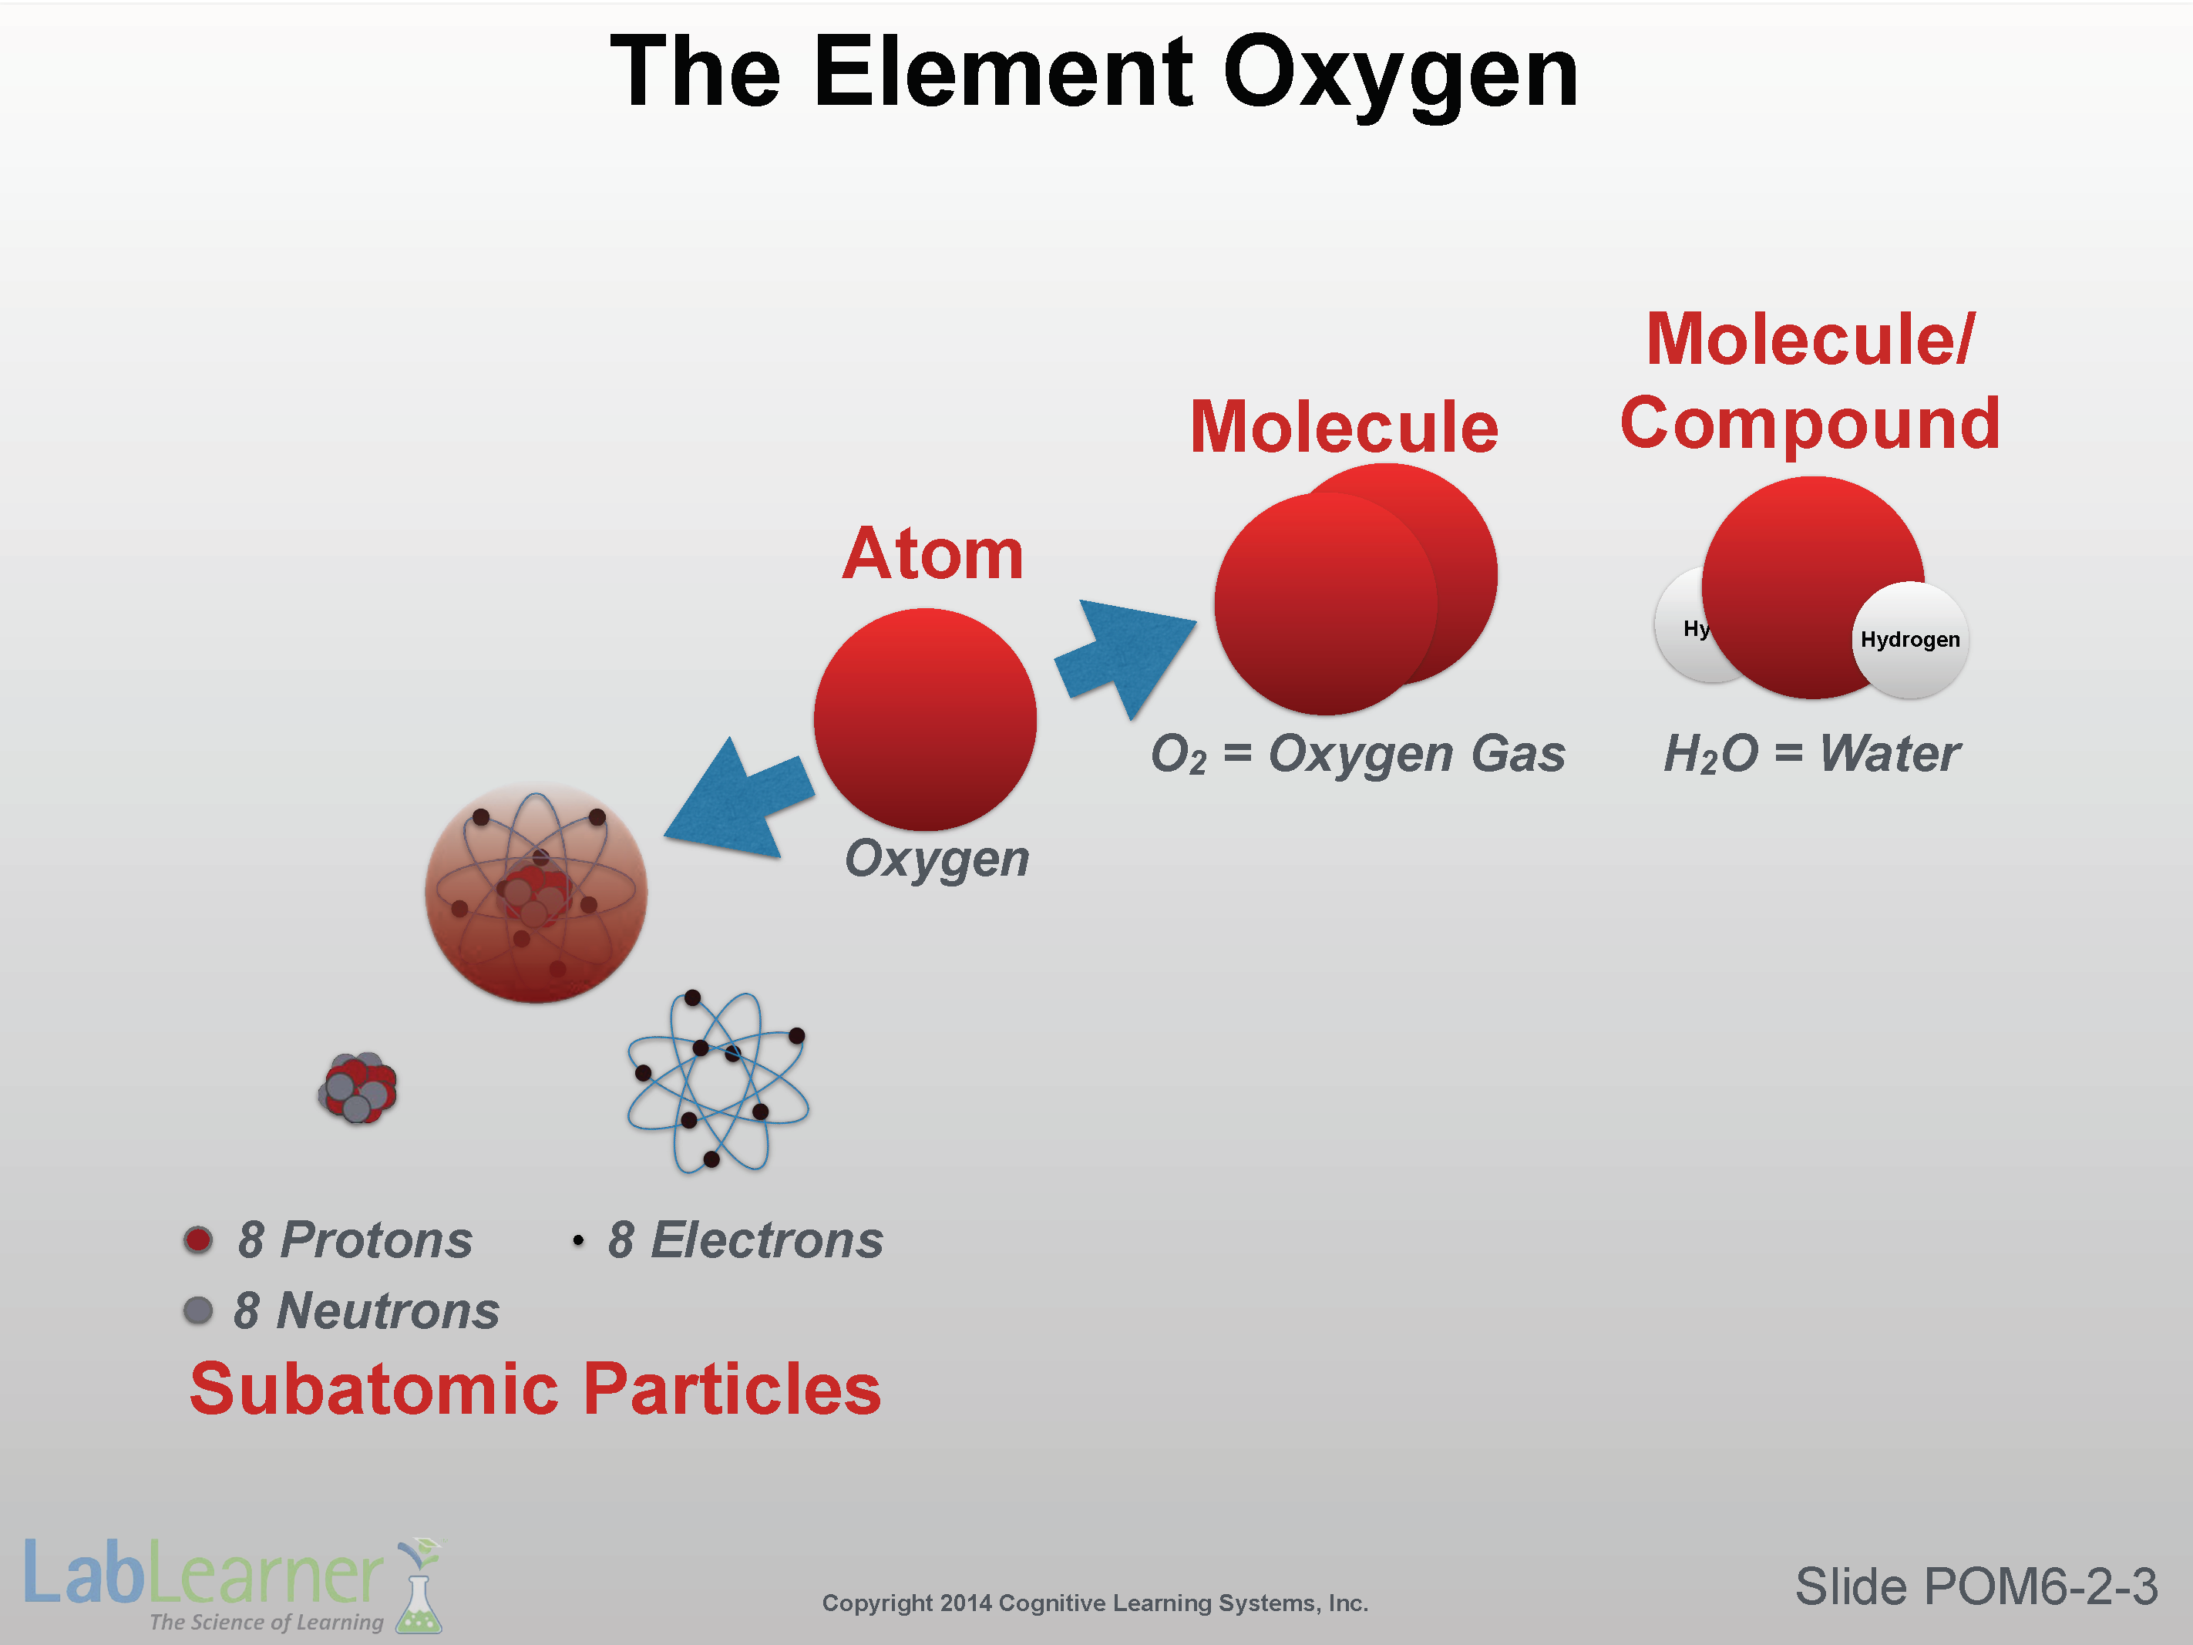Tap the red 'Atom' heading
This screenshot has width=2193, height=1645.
pyautogui.click(x=932, y=553)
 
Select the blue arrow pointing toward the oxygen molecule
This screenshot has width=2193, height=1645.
pyautogui.click(x=1125, y=655)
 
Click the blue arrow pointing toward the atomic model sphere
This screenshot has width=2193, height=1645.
pyautogui.click(x=738, y=798)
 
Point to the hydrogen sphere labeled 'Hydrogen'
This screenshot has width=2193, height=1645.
pyautogui.click(x=1910, y=640)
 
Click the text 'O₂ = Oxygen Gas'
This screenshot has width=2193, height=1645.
pyautogui.click(x=1357, y=754)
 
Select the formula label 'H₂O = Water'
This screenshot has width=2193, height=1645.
pyautogui.click(x=1811, y=754)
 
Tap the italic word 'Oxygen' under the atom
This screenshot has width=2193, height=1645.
pyautogui.click(x=937, y=859)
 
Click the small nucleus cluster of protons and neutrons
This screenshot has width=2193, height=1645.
pyautogui.click(x=358, y=1088)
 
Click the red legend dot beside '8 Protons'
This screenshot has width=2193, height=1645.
pyautogui.click(x=198, y=1240)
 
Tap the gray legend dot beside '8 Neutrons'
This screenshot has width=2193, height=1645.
pyautogui.click(x=198, y=1311)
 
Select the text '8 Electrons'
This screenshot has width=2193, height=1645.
pyautogui.click(x=745, y=1240)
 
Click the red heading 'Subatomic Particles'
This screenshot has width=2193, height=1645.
pyautogui.click(x=536, y=1388)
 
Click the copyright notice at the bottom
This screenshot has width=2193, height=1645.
pyautogui.click(x=1095, y=1603)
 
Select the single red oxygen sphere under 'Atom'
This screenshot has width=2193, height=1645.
pyautogui.click(x=925, y=720)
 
